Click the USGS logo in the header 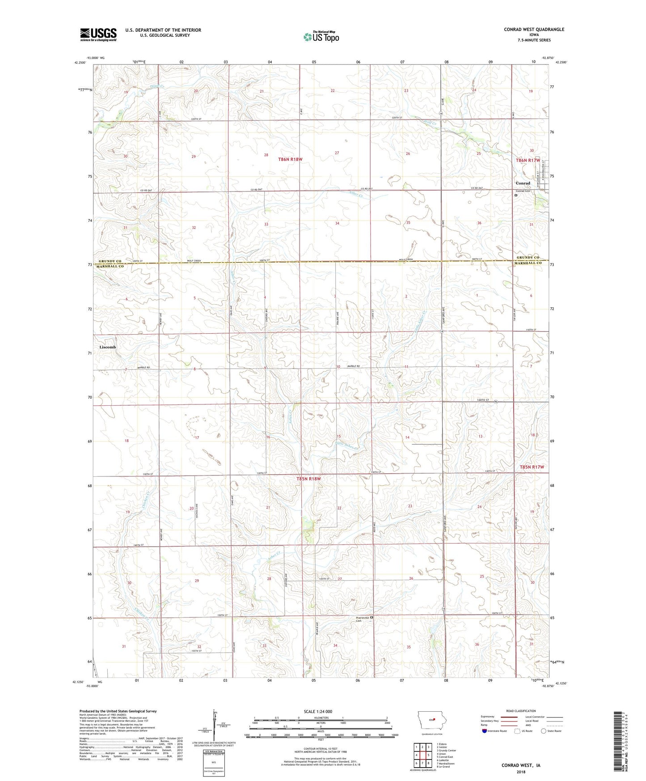tap(98, 34)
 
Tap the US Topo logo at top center tap(321, 37)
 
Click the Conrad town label tap(523, 183)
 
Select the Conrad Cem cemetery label tap(523, 191)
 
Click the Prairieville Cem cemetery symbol tap(371, 618)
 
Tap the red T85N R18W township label tap(308, 479)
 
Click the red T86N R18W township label tap(290, 159)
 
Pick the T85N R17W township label tap(532, 467)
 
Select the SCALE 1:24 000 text tap(318, 712)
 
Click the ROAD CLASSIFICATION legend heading tap(520, 711)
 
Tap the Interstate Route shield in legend tap(485, 731)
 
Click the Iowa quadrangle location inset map tap(431, 720)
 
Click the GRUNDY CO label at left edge tap(110, 261)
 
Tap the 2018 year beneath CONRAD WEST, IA tap(520, 772)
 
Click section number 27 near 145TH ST tap(340, 579)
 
